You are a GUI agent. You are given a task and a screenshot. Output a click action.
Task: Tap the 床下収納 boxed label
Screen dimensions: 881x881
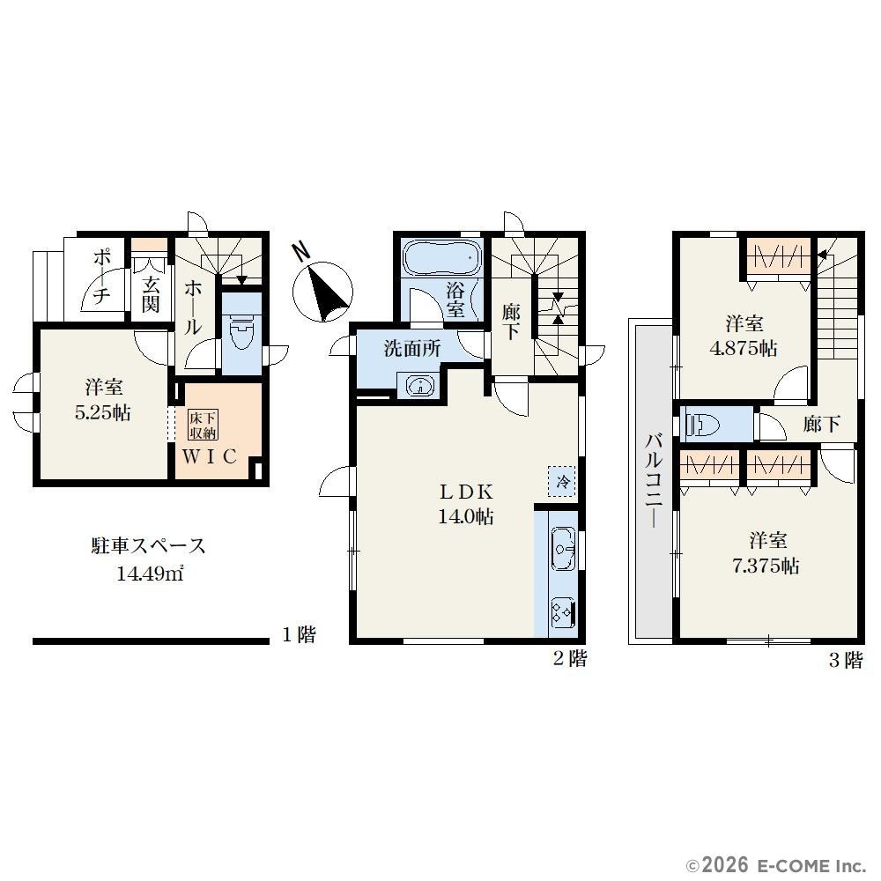[x=203, y=426]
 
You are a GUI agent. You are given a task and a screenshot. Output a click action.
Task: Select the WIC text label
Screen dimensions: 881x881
[x=209, y=456]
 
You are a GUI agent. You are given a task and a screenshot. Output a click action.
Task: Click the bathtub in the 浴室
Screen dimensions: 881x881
[x=441, y=258]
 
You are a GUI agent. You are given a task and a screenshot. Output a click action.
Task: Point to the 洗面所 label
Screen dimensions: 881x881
[x=411, y=349]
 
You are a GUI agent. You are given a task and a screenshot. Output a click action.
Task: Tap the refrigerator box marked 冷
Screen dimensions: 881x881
[x=562, y=481]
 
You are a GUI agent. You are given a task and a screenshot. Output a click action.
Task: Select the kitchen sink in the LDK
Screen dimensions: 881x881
[x=564, y=548]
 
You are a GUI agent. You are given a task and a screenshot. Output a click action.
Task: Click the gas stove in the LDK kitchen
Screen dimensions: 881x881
[x=564, y=612]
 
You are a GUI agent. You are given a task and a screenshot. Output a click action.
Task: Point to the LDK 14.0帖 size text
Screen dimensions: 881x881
[x=466, y=515]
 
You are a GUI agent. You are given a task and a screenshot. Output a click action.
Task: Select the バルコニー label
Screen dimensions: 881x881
[x=654, y=480]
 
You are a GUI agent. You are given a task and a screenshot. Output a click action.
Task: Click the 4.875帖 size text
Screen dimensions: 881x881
[x=744, y=348]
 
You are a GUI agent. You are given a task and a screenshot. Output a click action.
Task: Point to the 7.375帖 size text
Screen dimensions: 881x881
[x=766, y=566]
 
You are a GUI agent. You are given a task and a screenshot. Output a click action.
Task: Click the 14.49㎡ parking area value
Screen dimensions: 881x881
[x=150, y=574]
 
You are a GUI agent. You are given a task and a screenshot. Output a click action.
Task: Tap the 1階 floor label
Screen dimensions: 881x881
[x=299, y=635]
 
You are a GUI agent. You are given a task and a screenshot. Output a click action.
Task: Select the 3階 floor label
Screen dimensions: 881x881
[x=846, y=659]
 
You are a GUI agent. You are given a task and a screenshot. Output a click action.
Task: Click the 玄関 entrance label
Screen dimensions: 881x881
[x=150, y=294]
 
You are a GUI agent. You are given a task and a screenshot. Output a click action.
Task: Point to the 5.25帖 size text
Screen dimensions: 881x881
[x=103, y=413]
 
